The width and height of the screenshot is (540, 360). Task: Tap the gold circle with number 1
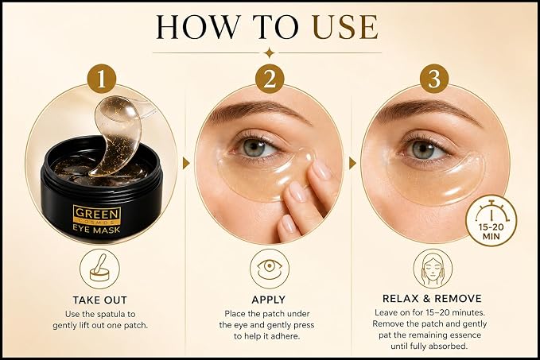(x=102, y=79)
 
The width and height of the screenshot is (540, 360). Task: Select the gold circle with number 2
(x=270, y=79)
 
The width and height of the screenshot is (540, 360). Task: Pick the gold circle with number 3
(x=433, y=79)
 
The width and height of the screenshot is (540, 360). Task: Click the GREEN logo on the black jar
(x=97, y=214)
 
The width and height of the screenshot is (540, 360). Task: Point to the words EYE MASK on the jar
(x=97, y=230)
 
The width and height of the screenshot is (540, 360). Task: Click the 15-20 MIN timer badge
(x=491, y=221)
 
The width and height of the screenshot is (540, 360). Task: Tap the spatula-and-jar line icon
(x=100, y=269)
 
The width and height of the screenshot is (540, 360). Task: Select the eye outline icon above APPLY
(x=270, y=269)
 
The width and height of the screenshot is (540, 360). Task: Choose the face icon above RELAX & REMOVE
(x=433, y=269)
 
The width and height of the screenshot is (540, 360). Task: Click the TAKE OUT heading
(x=100, y=300)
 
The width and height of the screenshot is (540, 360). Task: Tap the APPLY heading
(x=269, y=300)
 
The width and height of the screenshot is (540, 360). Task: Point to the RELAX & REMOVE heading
(x=432, y=298)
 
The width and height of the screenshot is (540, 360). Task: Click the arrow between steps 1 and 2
(x=186, y=163)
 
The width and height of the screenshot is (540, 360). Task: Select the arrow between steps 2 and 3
(x=352, y=163)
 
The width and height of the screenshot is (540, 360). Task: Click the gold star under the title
(x=270, y=53)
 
